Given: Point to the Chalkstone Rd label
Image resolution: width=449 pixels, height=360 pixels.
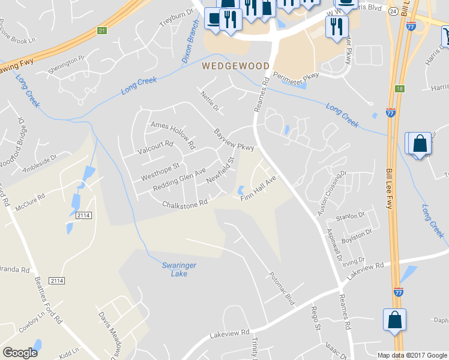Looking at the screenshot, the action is pos(184,204).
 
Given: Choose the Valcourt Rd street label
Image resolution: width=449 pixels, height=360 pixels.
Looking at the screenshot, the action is pos(155,148).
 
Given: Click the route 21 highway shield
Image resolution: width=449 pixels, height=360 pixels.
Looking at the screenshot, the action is pos(101,31).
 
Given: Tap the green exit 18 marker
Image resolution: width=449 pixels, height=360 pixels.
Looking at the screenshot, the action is pos(399,89).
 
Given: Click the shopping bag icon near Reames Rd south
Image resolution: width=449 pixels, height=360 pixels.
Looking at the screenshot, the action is pos(395,320).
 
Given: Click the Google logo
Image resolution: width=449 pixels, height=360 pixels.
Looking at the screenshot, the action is pos(20,353).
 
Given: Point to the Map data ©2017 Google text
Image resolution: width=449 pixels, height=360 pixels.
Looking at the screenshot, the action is pos(412,355).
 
